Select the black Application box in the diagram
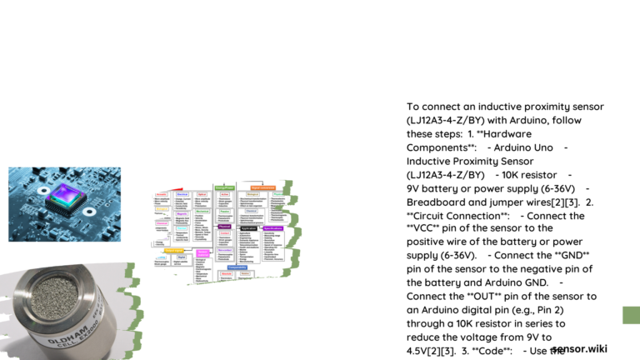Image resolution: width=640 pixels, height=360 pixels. click(247, 227)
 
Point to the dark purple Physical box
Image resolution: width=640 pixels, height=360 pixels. click(224, 226)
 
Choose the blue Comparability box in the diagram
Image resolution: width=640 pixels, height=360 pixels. click(237, 267)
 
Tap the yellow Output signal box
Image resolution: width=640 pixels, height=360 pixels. click(173, 250)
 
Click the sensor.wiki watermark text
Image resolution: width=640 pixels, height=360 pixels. click(579, 348)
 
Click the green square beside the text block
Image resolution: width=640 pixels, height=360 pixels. click(632, 315)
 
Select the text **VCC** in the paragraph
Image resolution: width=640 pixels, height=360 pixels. click(426, 228)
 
